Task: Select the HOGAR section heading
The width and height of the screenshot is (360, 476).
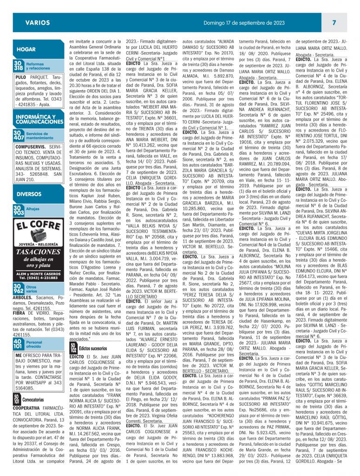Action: click(x=26, y=49)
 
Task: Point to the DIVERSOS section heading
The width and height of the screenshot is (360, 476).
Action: click(x=29, y=194)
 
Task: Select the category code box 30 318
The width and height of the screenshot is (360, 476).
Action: click(x=18, y=66)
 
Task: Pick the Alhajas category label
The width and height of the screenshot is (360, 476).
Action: click(x=33, y=209)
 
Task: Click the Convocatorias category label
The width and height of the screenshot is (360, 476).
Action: click(x=33, y=399)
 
